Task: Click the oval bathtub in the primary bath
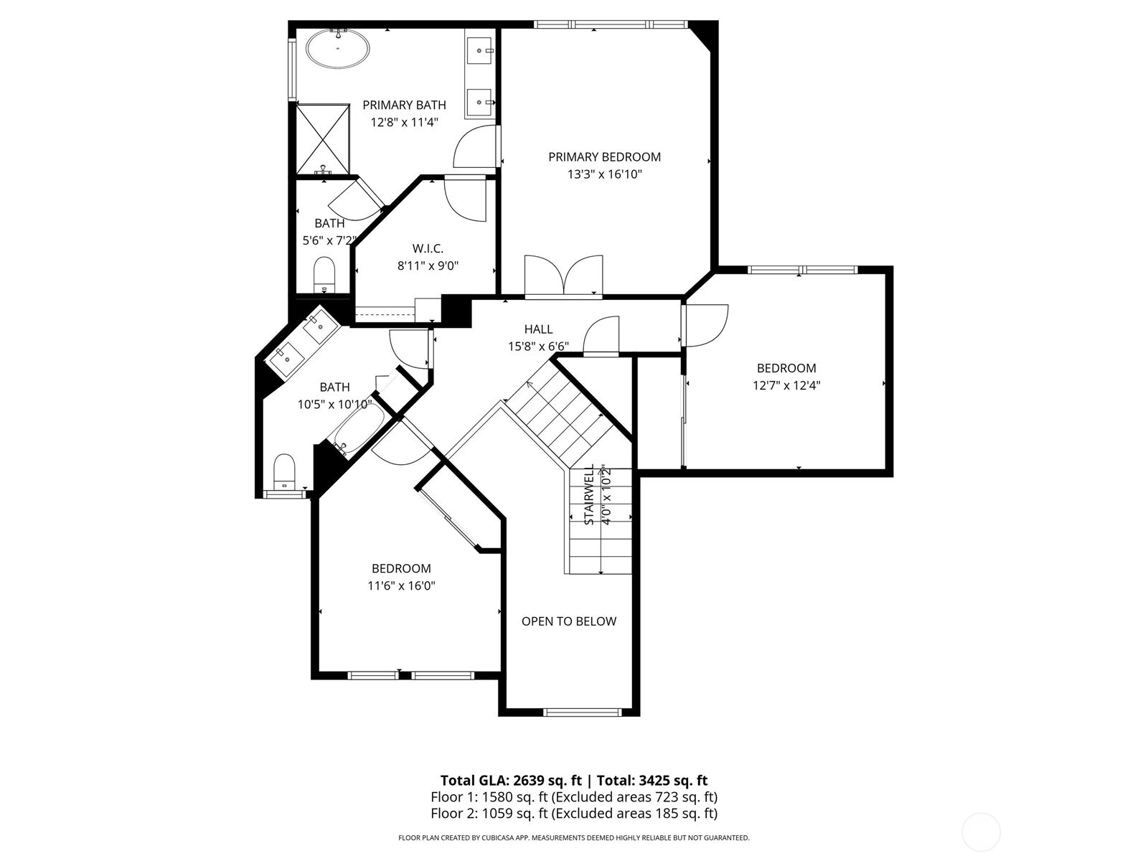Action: click(x=337, y=49)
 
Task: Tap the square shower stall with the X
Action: click(x=323, y=139)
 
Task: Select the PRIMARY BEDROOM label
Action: click(x=604, y=157)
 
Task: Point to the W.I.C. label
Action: click(x=428, y=248)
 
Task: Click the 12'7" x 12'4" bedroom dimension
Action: click(x=786, y=385)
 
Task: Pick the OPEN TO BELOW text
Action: click(x=568, y=621)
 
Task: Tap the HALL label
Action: click(x=538, y=329)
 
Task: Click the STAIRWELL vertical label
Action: click(x=589, y=494)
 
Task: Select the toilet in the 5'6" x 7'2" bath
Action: click(x=324, y=275)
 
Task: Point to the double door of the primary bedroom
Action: click(x=563, y=277)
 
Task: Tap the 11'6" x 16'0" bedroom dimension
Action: click(x=401, y=585)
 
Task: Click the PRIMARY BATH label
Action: click(x=404, y=105)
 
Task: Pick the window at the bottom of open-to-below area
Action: click(x=582, y=712)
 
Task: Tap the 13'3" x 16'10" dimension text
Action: click(x=605, y=174)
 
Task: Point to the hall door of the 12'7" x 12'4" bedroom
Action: click(x=705, y=325)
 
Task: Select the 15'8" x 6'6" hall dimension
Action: click(x=538, y=346)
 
